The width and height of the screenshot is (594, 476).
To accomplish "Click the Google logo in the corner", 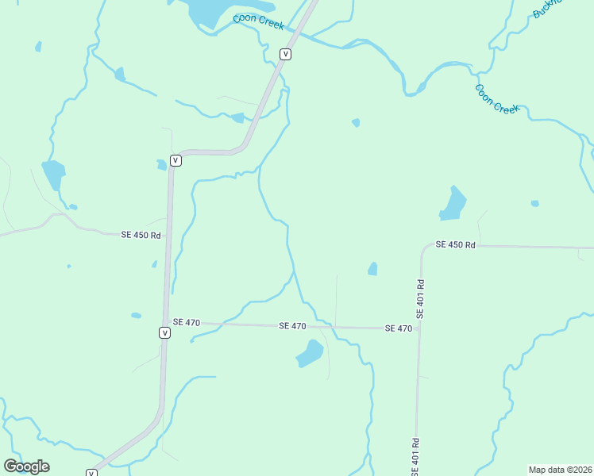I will pyautogui.click(x=26, y=466).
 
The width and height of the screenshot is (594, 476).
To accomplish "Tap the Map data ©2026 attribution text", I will pyautogui.click(x=560, y=470).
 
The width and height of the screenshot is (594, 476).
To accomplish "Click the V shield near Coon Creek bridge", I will pyautogui.click(x=286, y=54).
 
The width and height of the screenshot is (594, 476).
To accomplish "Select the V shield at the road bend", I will pyautogui.click(x=175, y=160).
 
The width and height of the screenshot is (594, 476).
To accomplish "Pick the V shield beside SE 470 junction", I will pyautogui.click(x=164, y=333).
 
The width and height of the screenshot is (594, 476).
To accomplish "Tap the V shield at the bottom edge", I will pyautogui.click(x=91, y=473).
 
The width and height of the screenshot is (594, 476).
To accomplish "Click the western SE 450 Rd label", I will pyautogui.click(x=141, y=235).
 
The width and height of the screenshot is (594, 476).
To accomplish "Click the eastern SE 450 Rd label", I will pyautogui.click(x=455, y=245).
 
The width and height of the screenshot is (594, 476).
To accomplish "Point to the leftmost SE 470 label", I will pyautogui.click(x=186, y=322).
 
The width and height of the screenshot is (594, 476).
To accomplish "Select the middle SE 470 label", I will pyautogui.click(x=292, y=326).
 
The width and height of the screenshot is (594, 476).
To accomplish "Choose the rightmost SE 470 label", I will pyautogui.click(x=399, y=328).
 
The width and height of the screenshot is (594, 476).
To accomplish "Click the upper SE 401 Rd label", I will pyautogui.click(x=420, y=298).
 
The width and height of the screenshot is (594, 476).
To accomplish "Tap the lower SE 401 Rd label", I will pyautogui.click(x=415, y=457).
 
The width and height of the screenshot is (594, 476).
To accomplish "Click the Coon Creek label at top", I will pyautogui.click(x=258, y=21).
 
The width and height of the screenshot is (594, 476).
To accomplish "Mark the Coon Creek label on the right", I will pyautogui.click(x=497, y=98).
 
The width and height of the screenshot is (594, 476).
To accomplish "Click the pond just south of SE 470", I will pyautogui.click(x=310, y=354).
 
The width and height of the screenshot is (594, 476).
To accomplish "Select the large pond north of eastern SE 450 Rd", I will pyautogui.click(x=453, y=205).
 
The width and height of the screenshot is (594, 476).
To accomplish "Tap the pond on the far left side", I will pyautogui.click(x=53, y=174).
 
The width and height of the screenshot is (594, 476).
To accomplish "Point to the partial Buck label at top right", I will pyautogui.click(x=546, y=8).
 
